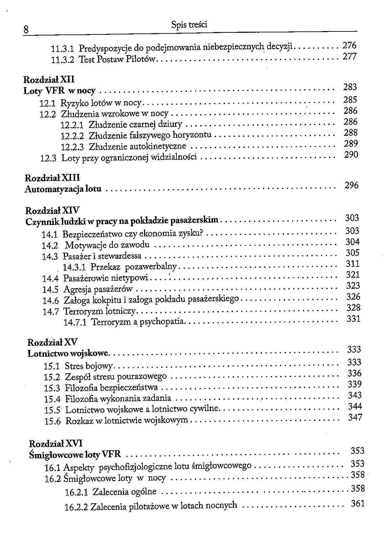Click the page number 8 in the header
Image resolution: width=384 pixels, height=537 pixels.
pos(26,30)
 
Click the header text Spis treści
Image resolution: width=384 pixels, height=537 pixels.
pos(189,24)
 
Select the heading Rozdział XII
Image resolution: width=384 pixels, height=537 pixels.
pos(49,80)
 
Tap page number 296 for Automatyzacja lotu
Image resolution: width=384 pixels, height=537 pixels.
pos(351,185)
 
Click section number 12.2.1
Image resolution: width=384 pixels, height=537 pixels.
pos(72,125)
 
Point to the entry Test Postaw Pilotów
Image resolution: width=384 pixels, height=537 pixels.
pos(117,60)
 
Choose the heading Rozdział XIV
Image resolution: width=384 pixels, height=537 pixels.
pos(52,211)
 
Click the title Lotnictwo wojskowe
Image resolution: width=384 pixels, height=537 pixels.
pos(69,354)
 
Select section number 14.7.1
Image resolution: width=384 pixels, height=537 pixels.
pos(75,322)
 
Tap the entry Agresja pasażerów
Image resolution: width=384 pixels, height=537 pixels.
pos(98,289)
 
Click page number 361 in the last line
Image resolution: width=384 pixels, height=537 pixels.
pos(358,504)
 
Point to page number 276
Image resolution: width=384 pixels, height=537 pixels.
pos(350,46)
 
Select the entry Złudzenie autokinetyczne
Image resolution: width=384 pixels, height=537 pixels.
pos(137,147)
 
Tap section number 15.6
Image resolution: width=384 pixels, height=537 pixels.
pos(52,421)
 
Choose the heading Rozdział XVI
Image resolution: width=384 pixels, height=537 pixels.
pos(56,443)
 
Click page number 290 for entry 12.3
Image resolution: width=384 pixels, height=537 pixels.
pos(351,155)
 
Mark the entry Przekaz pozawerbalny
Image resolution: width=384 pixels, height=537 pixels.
pos(134,267)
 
